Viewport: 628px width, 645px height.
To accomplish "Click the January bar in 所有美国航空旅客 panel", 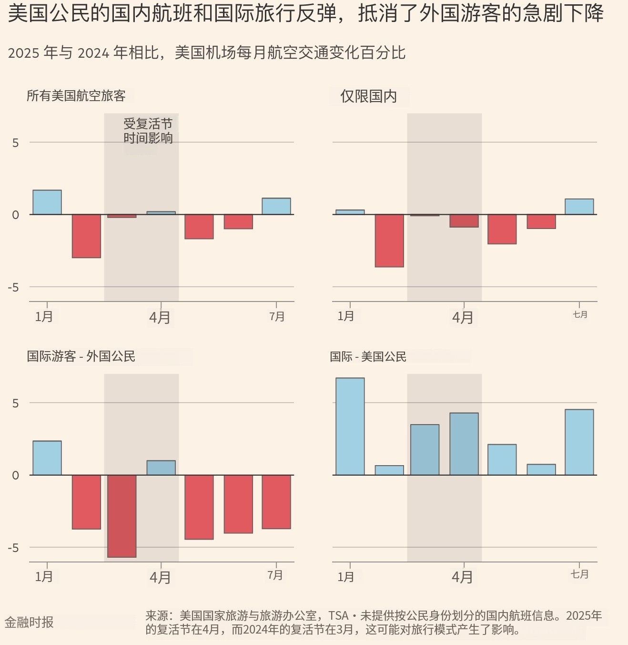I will point(47,202).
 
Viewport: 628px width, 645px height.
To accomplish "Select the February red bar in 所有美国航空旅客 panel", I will point(86,236).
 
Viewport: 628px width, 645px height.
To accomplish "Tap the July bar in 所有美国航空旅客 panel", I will point(276,206).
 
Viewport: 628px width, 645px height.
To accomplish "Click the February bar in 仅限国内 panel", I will point(389,240).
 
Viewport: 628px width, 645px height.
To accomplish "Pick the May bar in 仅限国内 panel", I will point(502,229).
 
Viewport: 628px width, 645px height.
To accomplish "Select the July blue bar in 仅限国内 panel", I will point(579,207).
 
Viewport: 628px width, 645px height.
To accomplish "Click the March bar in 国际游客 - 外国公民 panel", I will point(122,516).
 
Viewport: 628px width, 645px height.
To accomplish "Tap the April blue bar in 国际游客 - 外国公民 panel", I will point(161,468).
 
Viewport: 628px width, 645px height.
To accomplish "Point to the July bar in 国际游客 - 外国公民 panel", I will point(276,502).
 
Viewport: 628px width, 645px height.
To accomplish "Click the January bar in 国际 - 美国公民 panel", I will point(350,427).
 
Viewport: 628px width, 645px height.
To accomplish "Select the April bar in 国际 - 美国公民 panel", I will point(464,444).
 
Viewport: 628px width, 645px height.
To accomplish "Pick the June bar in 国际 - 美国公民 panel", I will point(541,469).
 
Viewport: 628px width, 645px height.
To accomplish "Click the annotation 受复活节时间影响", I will point(148,131).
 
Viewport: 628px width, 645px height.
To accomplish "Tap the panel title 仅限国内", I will point(368,96).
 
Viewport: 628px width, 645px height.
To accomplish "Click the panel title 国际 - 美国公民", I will point(368,356).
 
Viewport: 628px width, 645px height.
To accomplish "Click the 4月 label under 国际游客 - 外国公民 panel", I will point(160,578).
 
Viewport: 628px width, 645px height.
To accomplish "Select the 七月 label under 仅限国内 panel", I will point(580,314).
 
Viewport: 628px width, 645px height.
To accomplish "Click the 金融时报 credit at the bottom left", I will point(29,622).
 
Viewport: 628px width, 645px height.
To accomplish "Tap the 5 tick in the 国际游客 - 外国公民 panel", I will point(16,403).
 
